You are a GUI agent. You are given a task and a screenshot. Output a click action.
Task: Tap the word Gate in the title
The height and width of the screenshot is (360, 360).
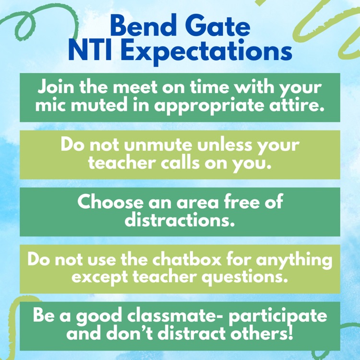point(218,27)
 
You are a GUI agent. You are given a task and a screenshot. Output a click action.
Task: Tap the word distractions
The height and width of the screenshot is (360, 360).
point(180,219)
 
